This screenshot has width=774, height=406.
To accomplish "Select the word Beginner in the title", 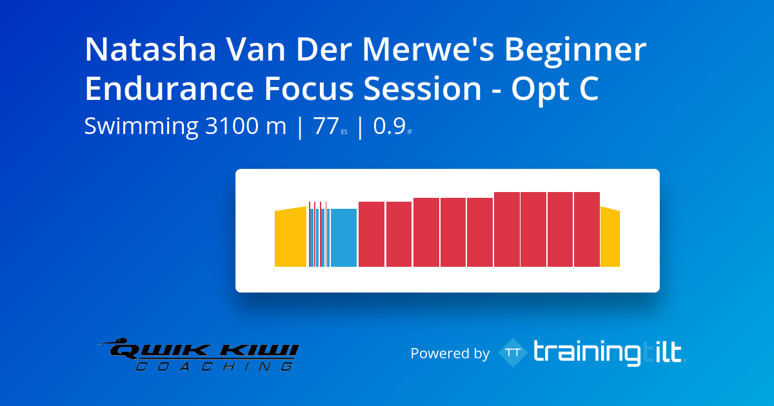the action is [575, 52].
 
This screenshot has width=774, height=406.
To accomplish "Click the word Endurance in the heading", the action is [170, 89].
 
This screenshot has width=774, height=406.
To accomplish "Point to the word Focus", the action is [309, 89].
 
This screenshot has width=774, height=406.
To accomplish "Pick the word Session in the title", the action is [422, 89].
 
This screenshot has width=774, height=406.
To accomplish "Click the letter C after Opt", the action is [589, 89].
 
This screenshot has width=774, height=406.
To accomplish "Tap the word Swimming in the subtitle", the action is [141, 127].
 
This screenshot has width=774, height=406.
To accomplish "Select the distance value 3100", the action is [232, 126].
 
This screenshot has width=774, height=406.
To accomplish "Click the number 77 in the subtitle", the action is [326, 126].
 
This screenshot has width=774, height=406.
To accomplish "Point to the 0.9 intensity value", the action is [389, 126].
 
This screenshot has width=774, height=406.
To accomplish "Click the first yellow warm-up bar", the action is [290, 237].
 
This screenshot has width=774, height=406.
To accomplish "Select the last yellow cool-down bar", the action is [610, 237].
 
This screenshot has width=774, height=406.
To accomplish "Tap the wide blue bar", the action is [343, 238].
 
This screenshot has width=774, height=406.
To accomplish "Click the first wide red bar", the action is [372, 235].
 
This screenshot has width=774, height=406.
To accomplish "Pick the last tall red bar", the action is [587, 229].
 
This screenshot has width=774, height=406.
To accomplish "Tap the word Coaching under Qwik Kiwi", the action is [214, 366].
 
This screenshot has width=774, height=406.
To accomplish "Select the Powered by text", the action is [450, 354].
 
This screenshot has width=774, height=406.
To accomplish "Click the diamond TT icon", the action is [513, 353].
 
